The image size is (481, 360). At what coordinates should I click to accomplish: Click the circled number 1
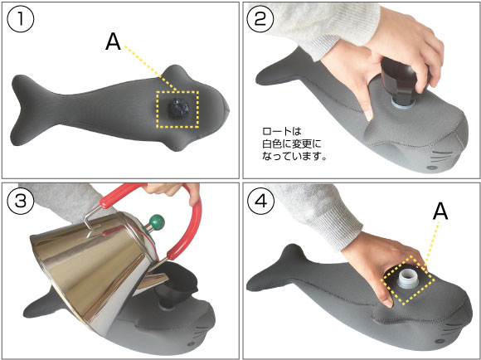click(20, 20)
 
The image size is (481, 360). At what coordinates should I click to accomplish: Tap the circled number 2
click(260, 20)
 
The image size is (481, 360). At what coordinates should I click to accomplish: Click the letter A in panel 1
click(113, 42)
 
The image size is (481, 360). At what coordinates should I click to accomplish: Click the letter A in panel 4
click(440, 212)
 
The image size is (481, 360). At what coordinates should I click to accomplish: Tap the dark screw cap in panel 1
click(178, 109)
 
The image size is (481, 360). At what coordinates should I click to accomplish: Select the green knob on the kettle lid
click(156, 221)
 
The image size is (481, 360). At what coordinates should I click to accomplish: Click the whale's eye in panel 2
click(432, 168)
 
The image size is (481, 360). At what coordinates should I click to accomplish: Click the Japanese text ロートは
click(282, 131)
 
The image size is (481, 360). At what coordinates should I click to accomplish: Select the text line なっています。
click(294, 156)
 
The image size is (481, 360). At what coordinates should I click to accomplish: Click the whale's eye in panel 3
click(193, 343)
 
